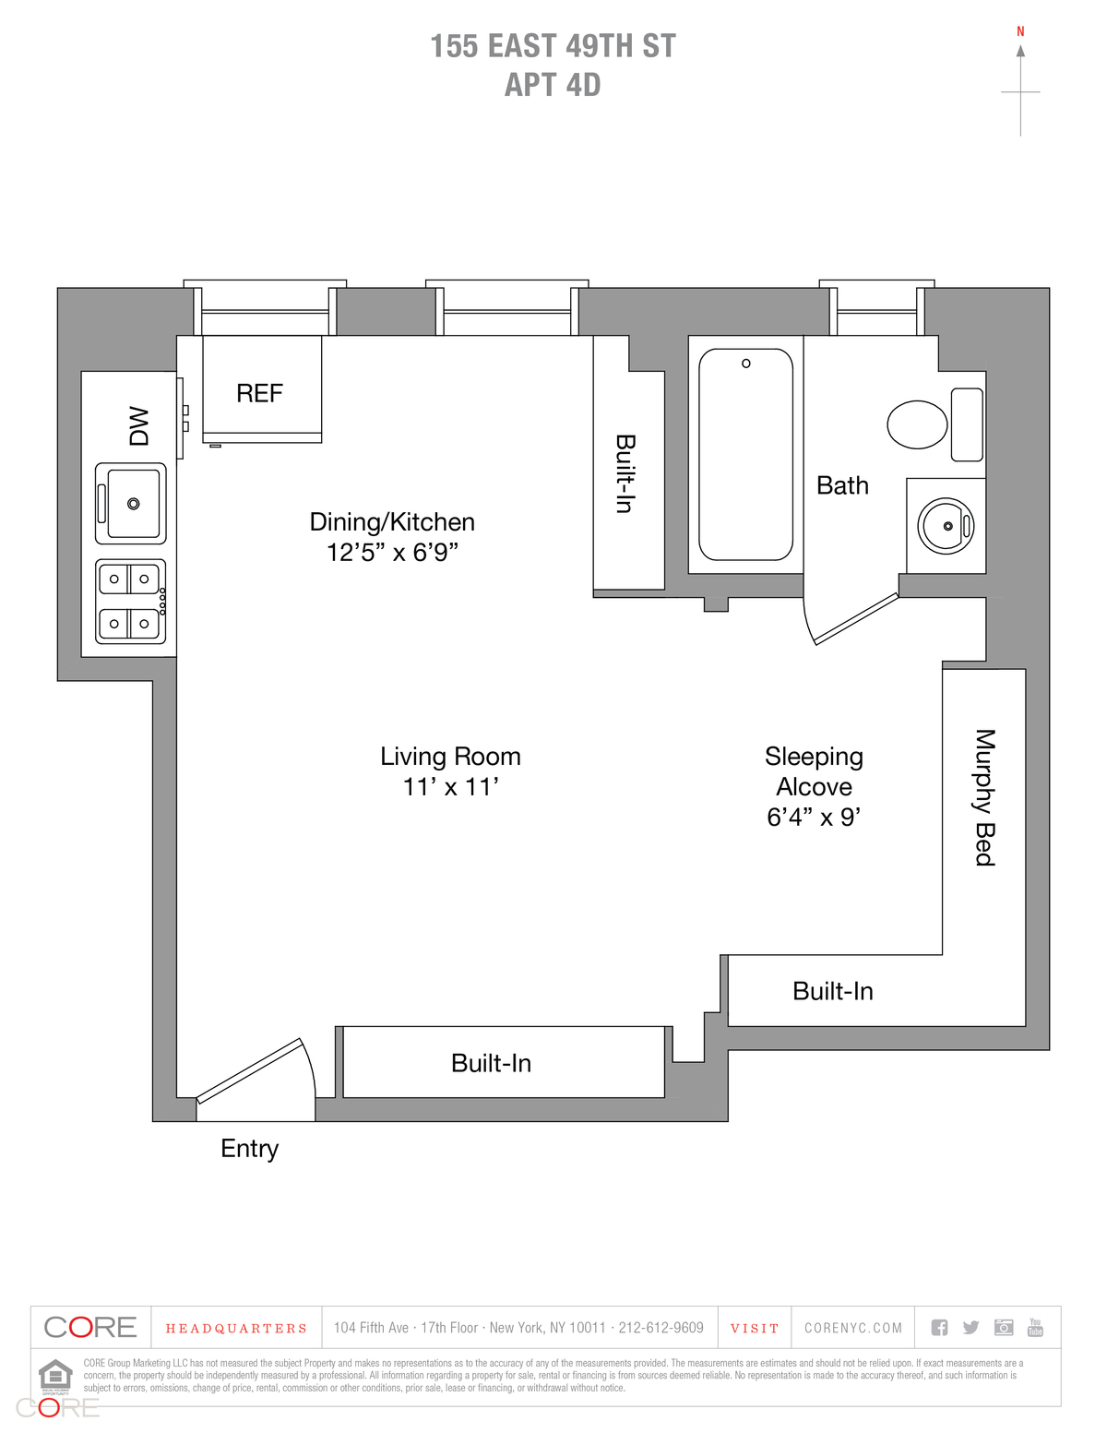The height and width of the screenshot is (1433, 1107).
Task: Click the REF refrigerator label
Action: point(259,394)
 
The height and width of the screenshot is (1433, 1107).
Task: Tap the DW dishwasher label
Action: point(138,425)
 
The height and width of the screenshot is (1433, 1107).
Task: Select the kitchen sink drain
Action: point(134,504)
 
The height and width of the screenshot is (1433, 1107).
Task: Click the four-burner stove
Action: point(131,602)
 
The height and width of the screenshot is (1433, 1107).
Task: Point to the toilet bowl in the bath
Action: point(917,424)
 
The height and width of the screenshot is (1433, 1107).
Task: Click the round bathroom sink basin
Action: point(946,526)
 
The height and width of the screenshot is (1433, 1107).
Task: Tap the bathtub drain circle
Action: point(746,364)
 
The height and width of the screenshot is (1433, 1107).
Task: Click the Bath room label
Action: point(842,485)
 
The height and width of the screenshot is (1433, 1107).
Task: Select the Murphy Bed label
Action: point(985,797)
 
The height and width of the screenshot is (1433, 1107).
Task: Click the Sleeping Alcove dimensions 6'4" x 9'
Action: point(814,818)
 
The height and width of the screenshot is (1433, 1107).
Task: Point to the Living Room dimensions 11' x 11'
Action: point(450,787)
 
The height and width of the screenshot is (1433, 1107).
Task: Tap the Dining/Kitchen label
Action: point(392,522)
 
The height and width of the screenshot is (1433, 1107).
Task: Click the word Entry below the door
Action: point(249,1149)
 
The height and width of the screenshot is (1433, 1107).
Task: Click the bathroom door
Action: point(855,619)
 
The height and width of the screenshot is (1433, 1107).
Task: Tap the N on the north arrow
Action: point(1020,31)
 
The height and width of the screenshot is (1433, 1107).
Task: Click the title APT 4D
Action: point(553,85)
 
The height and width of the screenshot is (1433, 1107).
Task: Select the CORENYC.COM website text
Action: point(853,1329)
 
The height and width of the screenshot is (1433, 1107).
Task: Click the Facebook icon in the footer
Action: point(939,1328)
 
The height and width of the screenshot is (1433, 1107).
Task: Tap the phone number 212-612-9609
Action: point(661,1328)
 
